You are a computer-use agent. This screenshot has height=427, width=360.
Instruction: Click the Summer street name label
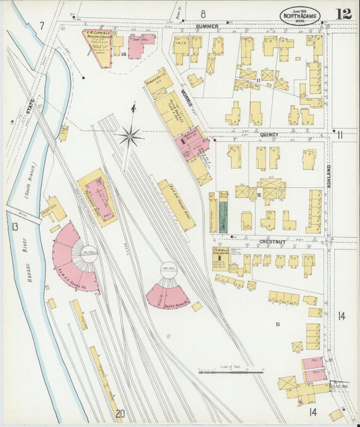click(x=207, y=26)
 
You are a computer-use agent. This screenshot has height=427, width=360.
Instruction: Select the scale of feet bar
click(x=230, y=371)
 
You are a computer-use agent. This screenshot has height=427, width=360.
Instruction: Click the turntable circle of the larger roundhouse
click(x=89, y=254)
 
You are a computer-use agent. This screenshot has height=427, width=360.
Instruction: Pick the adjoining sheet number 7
click(x=41, y=26)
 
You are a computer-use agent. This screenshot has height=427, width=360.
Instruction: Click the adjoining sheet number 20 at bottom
click(x=120, y=414)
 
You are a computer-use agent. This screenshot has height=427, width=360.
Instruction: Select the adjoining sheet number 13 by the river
click(x=14, y=226)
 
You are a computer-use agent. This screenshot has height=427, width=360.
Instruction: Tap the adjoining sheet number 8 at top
click(x=202, y=13)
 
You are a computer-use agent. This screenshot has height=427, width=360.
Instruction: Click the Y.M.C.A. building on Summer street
click(x=180, y=49)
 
